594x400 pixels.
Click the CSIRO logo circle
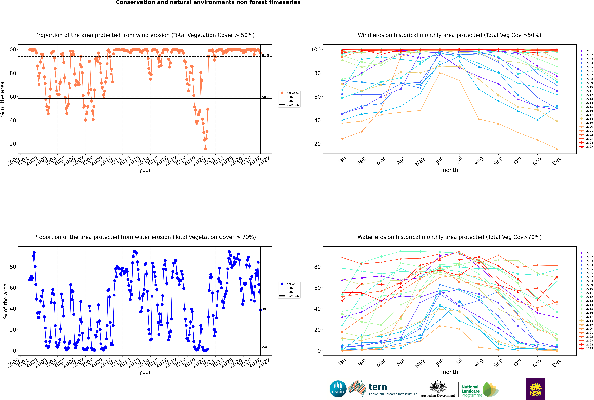338,389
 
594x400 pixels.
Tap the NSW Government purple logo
536,389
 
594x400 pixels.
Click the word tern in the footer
378,387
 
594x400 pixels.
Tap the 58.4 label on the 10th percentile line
265,97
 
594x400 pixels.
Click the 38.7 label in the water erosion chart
265,309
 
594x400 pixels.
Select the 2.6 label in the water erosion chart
264,347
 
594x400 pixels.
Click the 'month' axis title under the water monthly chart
449,372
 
